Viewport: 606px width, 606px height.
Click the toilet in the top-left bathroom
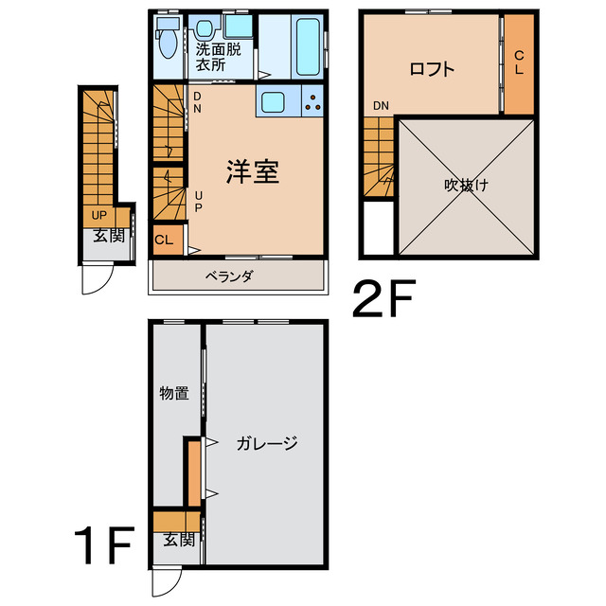pos(168,38)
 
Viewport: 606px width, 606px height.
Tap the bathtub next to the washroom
pos(308,46)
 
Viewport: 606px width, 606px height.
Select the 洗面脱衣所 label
pos(218,57)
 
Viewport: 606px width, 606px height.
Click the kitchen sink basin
pos(273,101)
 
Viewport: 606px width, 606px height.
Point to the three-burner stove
pos(312,101)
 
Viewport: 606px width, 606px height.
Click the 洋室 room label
pos(253,171)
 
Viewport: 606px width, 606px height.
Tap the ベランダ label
pos(229,276)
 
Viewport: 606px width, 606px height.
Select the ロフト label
pos(432,69)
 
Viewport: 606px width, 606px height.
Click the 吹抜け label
pos(466,186)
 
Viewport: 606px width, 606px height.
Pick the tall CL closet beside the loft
pos(519,63)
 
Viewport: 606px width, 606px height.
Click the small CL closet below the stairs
pos(169,240)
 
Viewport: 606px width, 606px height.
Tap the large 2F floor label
pos(384,298)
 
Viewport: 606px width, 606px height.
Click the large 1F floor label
pos(104,545)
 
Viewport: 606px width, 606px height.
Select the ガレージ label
pos(267,443)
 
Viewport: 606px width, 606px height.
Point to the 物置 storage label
pos(174,394)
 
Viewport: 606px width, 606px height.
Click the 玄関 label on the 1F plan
pos(179,540)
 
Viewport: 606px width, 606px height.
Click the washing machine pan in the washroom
pos(239,27)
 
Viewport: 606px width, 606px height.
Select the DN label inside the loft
pos(381,105)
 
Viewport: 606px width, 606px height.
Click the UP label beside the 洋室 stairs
pos(198,202)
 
